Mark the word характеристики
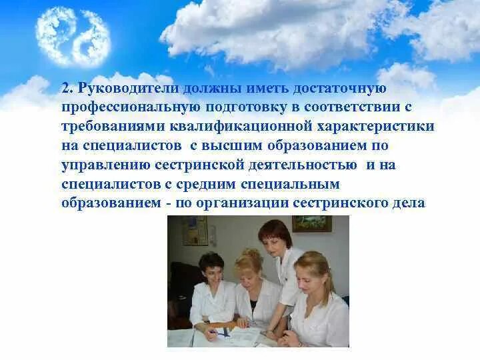[377, 127]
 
